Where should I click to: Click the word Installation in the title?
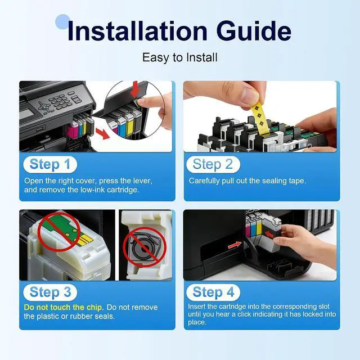(137, 31)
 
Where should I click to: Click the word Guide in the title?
(254, 31)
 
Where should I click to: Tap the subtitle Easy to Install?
(180, 57)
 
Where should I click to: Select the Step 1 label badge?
(50, 164)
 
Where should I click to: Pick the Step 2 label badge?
(213, 164)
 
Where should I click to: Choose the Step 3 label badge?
(50, 292)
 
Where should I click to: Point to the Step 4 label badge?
(213, 292)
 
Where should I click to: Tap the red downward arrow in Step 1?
(135, 89)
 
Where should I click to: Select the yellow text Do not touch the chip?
(64, 307)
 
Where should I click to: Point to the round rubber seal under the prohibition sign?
(144, 247)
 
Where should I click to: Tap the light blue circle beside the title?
(62, 22)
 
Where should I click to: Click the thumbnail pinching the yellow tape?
(249, 96)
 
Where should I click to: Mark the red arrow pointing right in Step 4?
(235, 245)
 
